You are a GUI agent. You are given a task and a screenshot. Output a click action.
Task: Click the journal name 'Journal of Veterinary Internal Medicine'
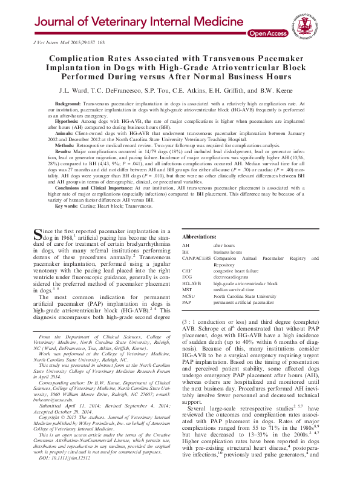click(131, 22)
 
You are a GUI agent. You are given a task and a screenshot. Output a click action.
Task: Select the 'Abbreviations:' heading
click(200, 236)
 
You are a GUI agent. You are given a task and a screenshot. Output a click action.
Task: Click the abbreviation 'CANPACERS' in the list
click(196, 257)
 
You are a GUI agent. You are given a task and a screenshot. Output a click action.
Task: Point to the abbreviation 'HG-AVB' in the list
click(191, 283)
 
